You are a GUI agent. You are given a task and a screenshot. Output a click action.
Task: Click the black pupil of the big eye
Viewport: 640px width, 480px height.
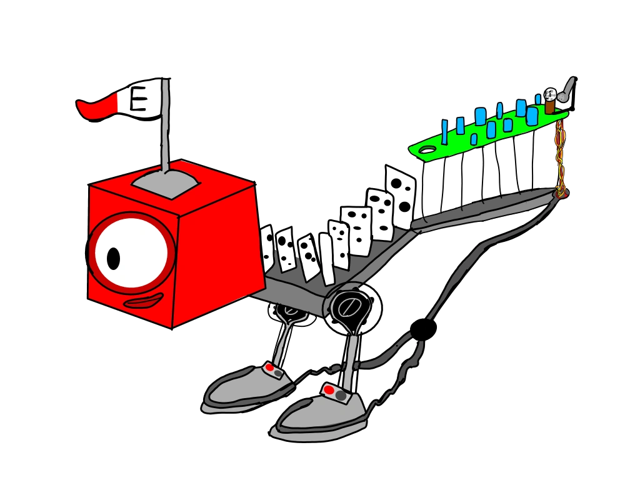click(114, 257)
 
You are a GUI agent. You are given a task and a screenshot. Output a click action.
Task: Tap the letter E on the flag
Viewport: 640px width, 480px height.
click(139, 100)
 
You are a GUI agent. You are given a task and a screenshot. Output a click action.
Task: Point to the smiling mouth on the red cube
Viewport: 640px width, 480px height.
click(143, 303)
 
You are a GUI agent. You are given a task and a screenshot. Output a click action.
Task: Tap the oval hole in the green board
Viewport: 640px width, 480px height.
click(427, 150)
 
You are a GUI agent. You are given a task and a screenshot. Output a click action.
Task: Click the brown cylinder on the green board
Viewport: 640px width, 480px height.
click(549, 106)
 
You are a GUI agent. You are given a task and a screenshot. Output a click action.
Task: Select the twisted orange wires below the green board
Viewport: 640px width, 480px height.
click(560, 159)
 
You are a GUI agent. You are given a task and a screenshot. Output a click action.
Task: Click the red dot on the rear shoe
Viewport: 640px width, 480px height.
click(269, 367)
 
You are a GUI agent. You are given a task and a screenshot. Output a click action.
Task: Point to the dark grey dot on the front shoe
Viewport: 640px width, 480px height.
click(341, 396)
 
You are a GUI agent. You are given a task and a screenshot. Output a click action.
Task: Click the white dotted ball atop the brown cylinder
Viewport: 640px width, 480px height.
click(550, 94)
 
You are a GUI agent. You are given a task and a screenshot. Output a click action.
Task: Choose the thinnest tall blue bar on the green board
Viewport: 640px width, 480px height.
click(444, 131)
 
